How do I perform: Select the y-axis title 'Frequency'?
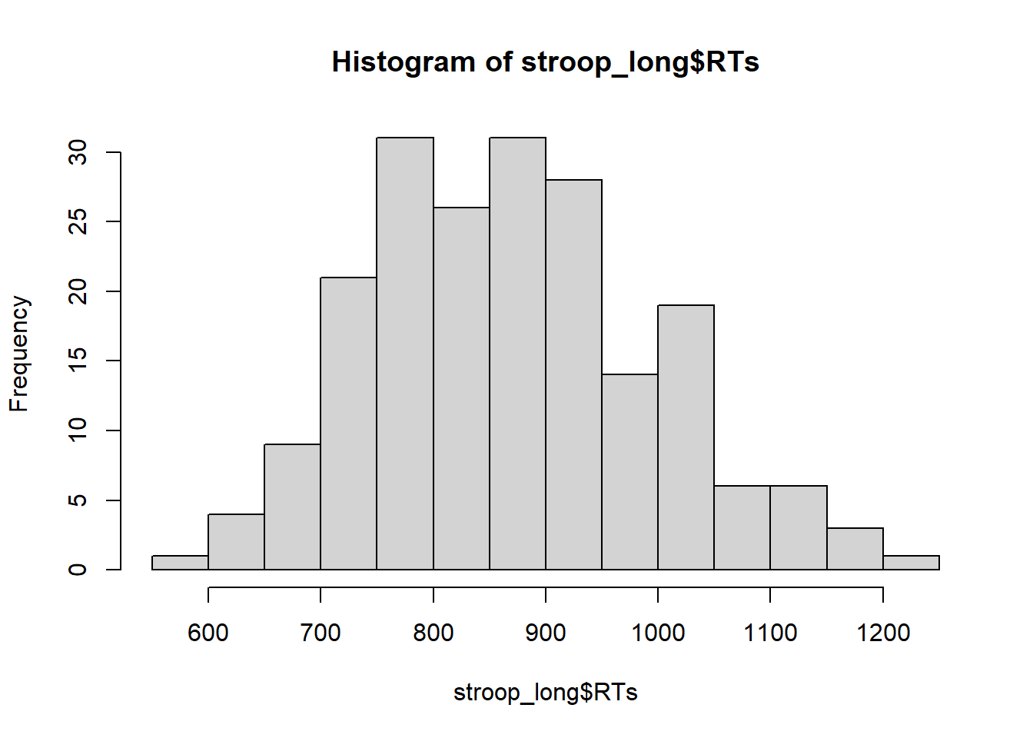20,354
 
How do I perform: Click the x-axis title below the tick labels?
546,693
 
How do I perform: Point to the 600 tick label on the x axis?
208,633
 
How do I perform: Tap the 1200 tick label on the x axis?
883,633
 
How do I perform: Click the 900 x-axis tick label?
546,633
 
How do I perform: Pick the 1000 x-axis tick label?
658,633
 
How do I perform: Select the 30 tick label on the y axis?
78,152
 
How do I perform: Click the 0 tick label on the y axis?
78,570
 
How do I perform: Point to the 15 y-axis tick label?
78,361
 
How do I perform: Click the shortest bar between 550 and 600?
180,563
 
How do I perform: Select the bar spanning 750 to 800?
405,354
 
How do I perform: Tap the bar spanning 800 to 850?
461,388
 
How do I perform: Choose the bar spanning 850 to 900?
517,354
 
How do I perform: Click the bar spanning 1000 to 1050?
686,437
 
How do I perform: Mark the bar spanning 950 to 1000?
630,472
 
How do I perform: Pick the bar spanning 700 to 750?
349,424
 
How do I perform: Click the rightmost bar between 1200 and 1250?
912,563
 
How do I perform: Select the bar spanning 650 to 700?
292,507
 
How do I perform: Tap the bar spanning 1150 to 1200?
855,549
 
